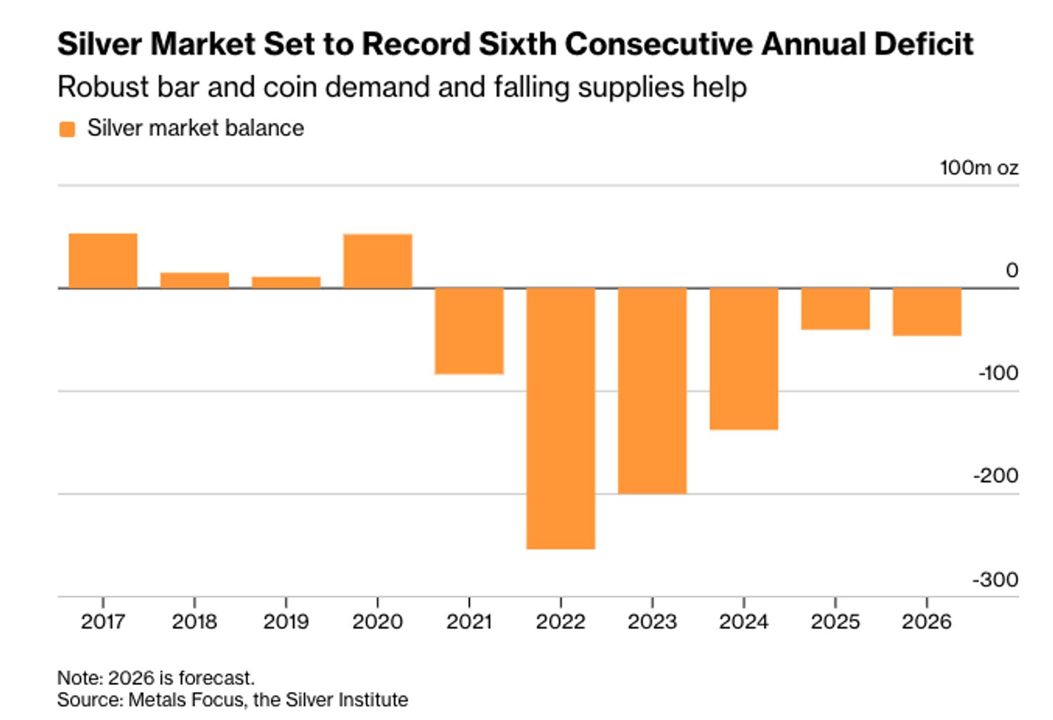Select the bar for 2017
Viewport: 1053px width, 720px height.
(x=103, y=260)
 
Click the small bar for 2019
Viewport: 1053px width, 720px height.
(x=286, y=282)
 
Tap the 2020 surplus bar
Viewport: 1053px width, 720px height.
(x=378, y=261)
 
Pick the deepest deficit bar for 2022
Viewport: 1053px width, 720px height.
(x=561, y=418)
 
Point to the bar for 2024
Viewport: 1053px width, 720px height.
(x=744, y=358)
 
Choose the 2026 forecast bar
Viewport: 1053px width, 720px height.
(x=927, y=312)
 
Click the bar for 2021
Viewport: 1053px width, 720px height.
(x=469, y=331)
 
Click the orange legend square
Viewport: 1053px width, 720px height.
(x=67, y=129)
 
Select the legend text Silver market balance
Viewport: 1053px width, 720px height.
(x=195, y=128)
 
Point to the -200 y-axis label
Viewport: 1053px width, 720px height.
(x=995, y=476)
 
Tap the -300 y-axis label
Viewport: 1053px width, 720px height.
(x=995, y=580)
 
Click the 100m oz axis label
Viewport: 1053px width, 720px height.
(x=979, y=168)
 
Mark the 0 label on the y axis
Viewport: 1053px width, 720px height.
(x=1012, y=270)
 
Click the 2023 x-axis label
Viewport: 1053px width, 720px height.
(x=652, y=622)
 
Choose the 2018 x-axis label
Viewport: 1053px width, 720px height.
(x=194, y=622)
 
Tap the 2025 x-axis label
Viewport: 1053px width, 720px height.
(x=835, y=622)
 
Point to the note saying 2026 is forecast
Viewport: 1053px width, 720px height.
(x=156, y=678)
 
